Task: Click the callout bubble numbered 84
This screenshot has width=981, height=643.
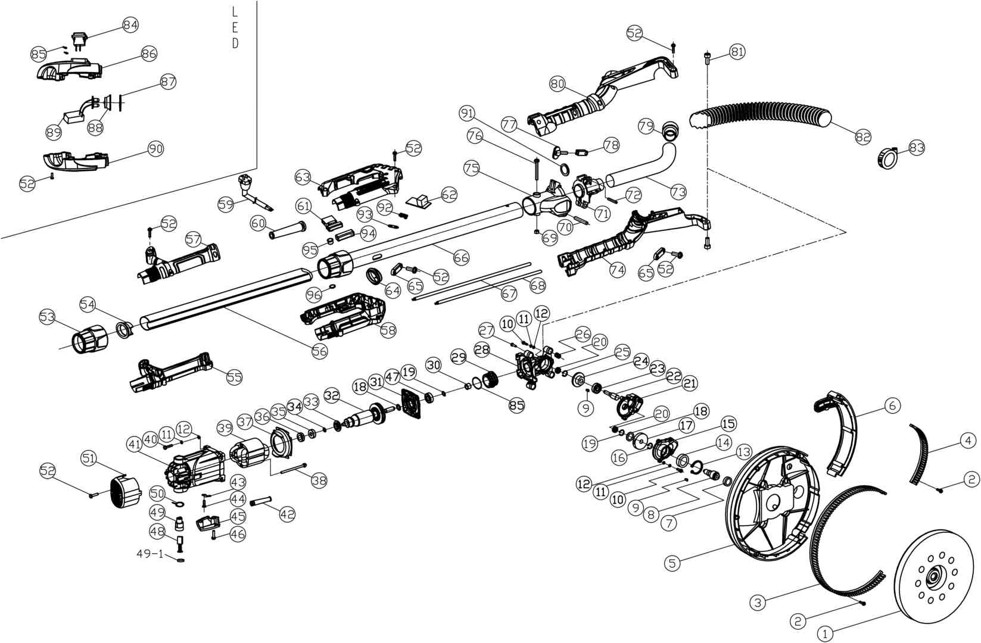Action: [x=130, y=25]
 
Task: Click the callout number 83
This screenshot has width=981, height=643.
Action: [x=917, y=148]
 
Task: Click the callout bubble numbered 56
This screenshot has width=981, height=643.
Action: [x=319, y=351]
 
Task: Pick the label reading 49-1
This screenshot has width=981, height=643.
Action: [x=150, y=554]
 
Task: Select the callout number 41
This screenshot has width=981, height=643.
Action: [x=134, y=444]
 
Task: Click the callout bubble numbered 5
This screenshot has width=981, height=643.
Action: [x=672, y=563]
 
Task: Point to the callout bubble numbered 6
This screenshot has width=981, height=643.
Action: [x=892, y=405]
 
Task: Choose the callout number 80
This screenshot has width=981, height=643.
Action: [x=558, y=84]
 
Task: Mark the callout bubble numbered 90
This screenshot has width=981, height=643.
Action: [x=155, y=148]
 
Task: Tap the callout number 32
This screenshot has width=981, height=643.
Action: [x=332, y=395]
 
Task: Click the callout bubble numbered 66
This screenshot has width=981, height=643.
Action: [x=461, y=257]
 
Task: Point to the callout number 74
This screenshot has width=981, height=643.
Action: [x=617, y=269]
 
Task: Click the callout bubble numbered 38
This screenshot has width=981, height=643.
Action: [x=319, y=480]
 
